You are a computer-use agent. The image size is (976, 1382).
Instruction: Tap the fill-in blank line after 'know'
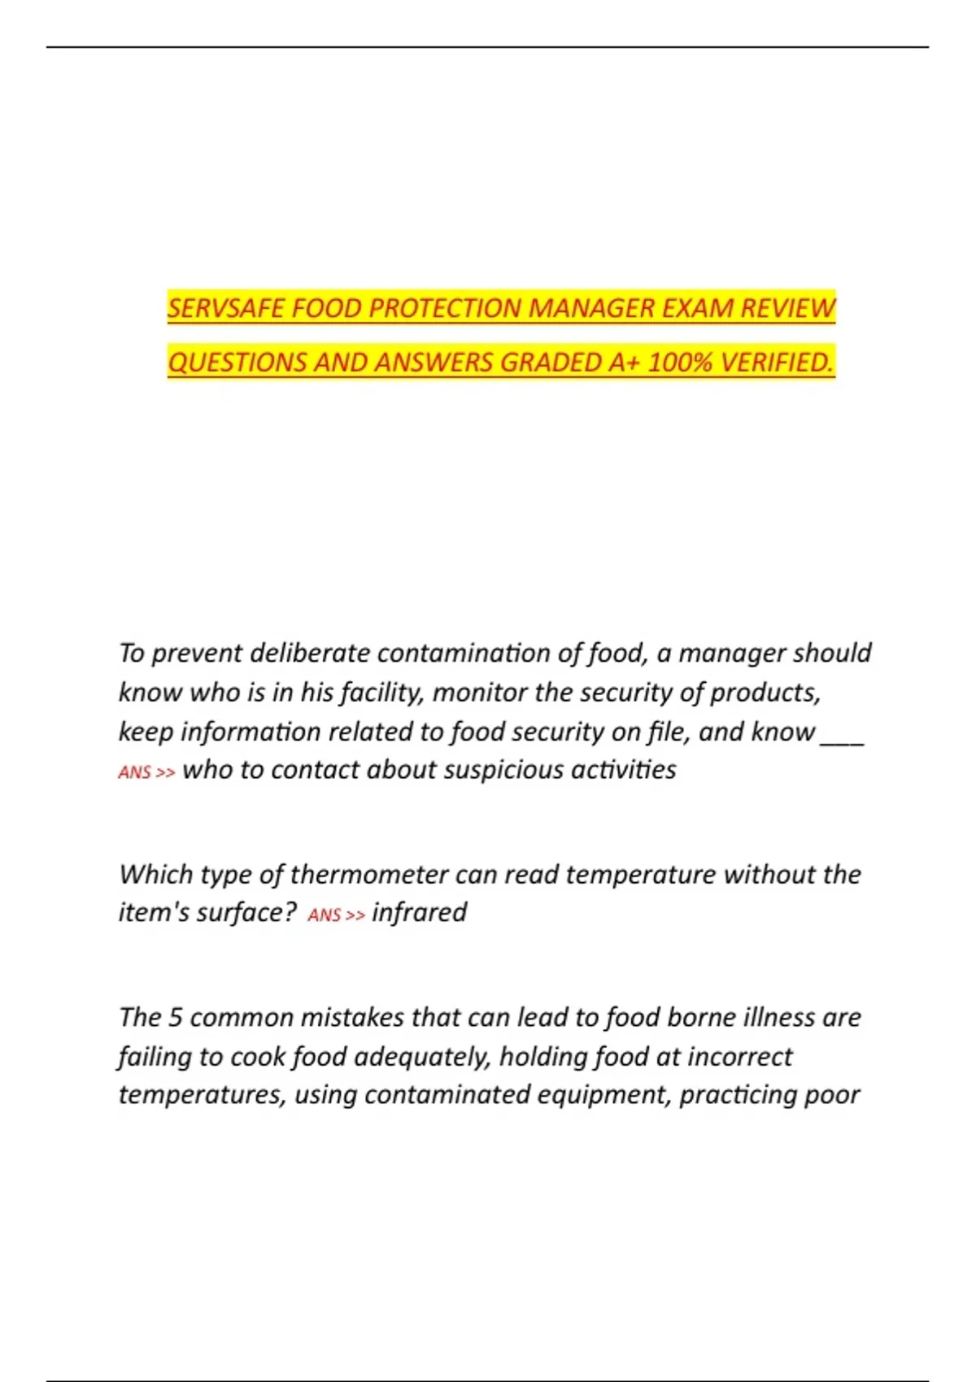coord(842,733)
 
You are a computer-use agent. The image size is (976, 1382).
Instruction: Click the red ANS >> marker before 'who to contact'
coord(146,772)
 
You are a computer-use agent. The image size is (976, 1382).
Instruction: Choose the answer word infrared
coord(419,913)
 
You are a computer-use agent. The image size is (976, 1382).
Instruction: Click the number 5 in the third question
coord(175,1018)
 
